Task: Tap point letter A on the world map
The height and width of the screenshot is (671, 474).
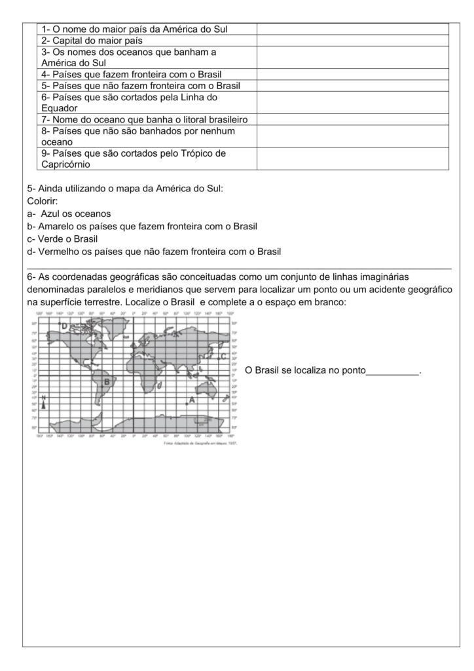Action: pyautogui.click(x=192, y=399)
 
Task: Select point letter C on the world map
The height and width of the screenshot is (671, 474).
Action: pyautogui.click(x=223, y=356)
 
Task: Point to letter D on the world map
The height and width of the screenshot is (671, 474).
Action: pyautogui.click(x=65, y=326)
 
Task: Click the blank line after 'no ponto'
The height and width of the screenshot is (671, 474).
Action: pyautogui.click(x=392, y=371)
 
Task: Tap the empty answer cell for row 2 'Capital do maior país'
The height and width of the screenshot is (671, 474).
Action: pyautogui.click(x=352, y=41)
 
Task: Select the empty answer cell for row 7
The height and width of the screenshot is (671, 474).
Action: pyautogui.click(x=352, y=119)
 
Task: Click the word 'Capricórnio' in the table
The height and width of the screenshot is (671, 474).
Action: pyautogui.click(x=65, y=165)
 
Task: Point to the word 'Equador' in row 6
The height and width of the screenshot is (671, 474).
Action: pyautogui.click(x=60, y=108)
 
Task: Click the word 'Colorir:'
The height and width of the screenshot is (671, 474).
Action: pyautogui.click(x=43, y=201)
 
